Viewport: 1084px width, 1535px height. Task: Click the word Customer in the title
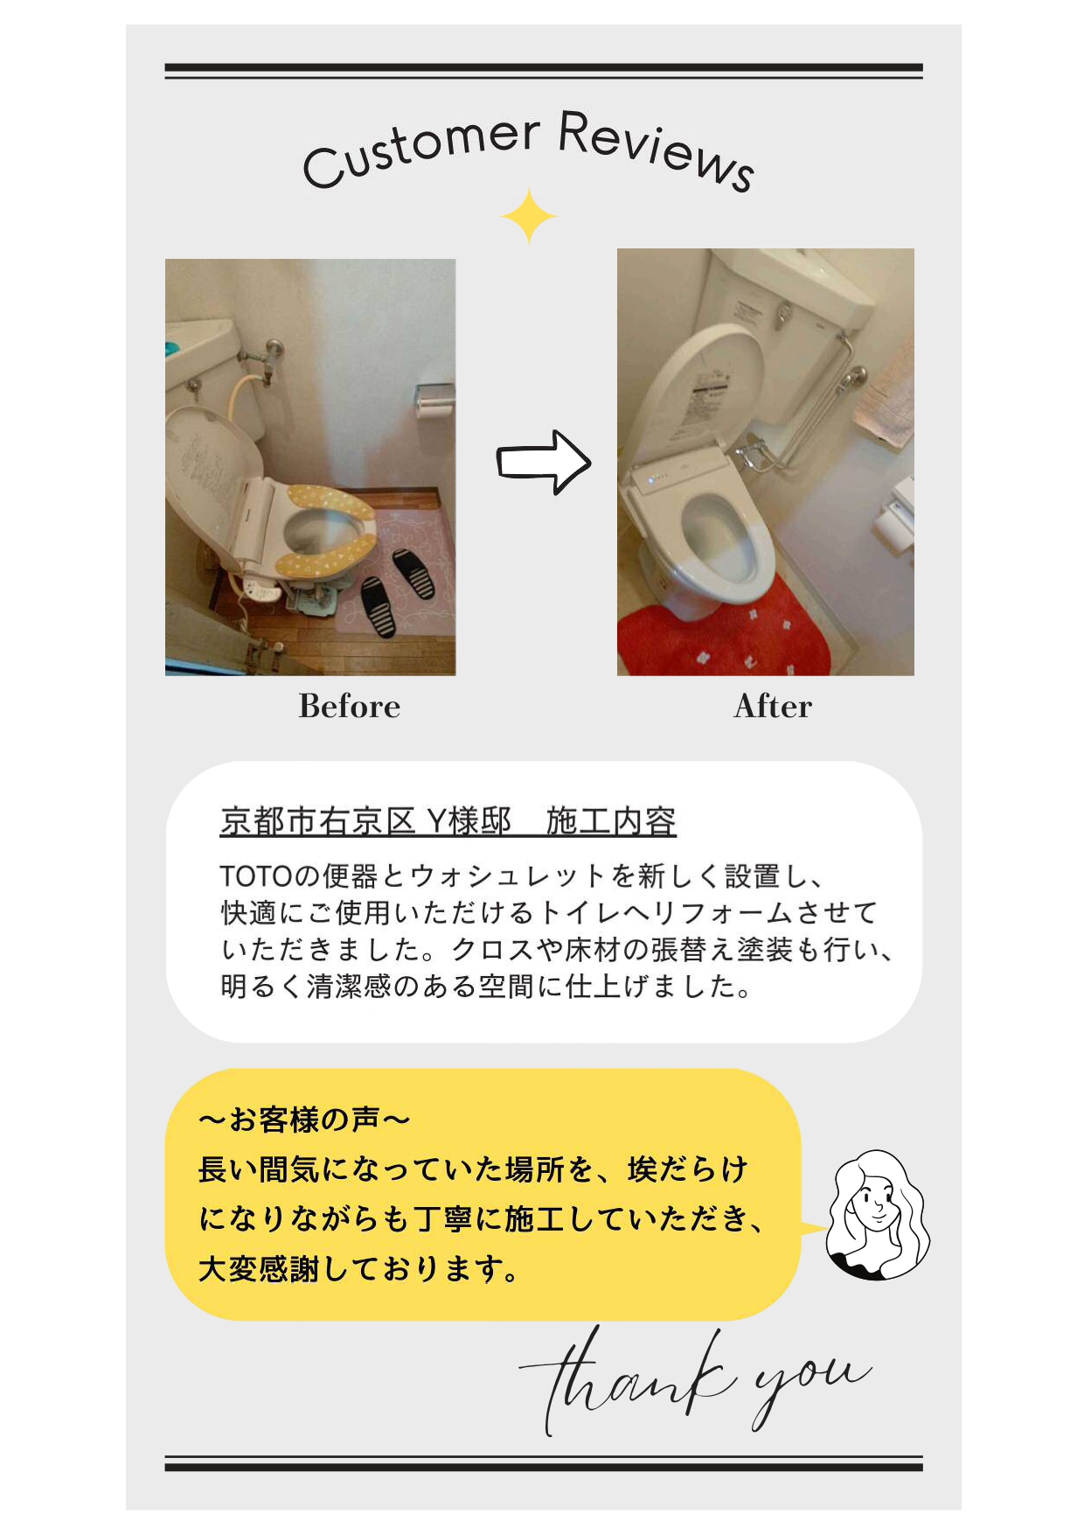[420, 150]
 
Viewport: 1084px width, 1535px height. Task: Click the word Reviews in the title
[656, 149]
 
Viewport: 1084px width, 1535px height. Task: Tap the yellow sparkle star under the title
[529, 215]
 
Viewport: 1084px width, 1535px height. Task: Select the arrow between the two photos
[544, 462]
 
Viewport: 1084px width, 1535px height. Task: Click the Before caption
[350, 706]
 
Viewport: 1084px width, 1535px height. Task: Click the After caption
[773, 706]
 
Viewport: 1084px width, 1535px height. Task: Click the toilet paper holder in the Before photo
[435, 399]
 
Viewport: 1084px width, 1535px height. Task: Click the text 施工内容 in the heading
[611, 820]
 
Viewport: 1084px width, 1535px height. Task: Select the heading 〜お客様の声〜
[304, 1119]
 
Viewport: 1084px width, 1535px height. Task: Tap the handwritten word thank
[628, 1380]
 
